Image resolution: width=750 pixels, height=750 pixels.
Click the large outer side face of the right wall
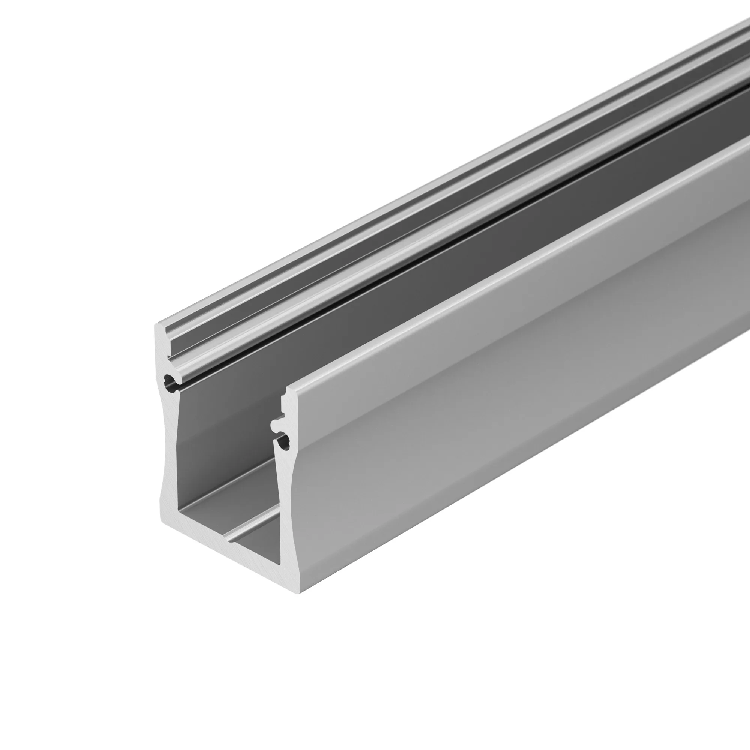pyautogui.click(x=505, y=349)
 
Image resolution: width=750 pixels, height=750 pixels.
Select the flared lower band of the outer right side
pyautogui.click(x=466, y=466)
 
